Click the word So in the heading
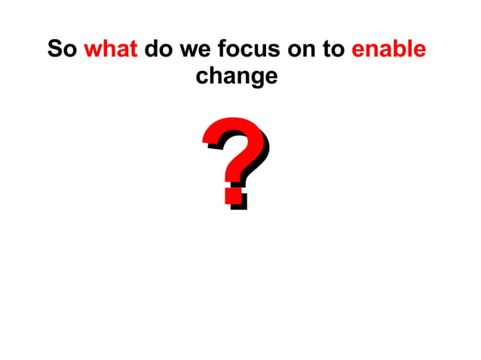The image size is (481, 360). pos(62,50)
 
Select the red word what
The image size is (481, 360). pos(110,50)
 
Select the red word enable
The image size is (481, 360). pos(389,50)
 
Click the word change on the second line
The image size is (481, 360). pos(236,76)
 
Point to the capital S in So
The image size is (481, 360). pos(55,50)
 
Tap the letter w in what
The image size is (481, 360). pos(93,51)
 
